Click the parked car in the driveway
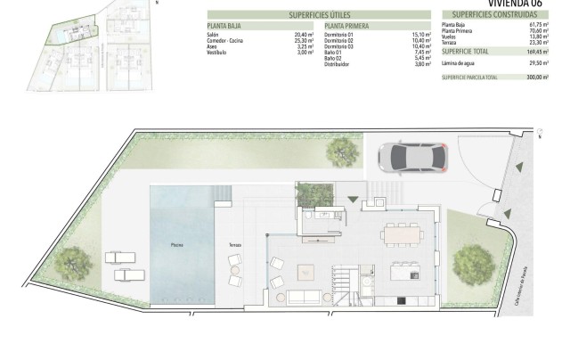click(x=413, y=158)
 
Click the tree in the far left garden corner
click(x=70, y=263)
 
